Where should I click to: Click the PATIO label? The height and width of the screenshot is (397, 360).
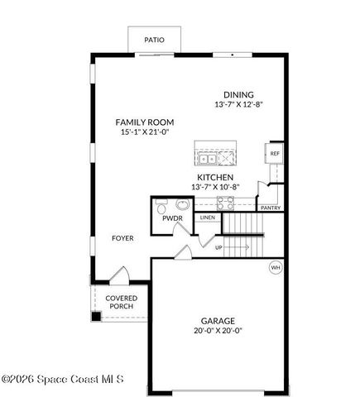[154, 39]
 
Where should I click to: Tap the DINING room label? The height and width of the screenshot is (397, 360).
[238, 94]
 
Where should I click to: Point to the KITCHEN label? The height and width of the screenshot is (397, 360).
[214, 177]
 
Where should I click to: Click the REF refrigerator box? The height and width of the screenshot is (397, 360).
[274, 154]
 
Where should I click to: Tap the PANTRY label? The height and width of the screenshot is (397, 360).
[271, 208]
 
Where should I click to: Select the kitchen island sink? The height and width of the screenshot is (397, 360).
[207, 157]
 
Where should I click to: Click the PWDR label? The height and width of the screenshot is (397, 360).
[172, 219]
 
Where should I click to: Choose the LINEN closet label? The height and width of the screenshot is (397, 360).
[207, 218]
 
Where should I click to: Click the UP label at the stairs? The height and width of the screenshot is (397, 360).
[218, 246]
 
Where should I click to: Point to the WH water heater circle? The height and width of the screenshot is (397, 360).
[276, 267]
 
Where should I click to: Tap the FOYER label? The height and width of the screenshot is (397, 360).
[122, 238]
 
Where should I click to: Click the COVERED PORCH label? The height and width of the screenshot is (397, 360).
[122, 302]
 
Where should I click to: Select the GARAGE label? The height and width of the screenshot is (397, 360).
[218, 321]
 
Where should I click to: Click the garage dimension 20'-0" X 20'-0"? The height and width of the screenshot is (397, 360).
[218, 331]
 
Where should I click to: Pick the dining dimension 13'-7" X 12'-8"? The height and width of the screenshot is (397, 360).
[238, 104]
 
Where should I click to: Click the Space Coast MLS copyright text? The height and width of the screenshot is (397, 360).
[62, 380]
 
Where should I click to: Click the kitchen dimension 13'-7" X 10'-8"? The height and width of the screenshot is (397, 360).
[214, 187]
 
